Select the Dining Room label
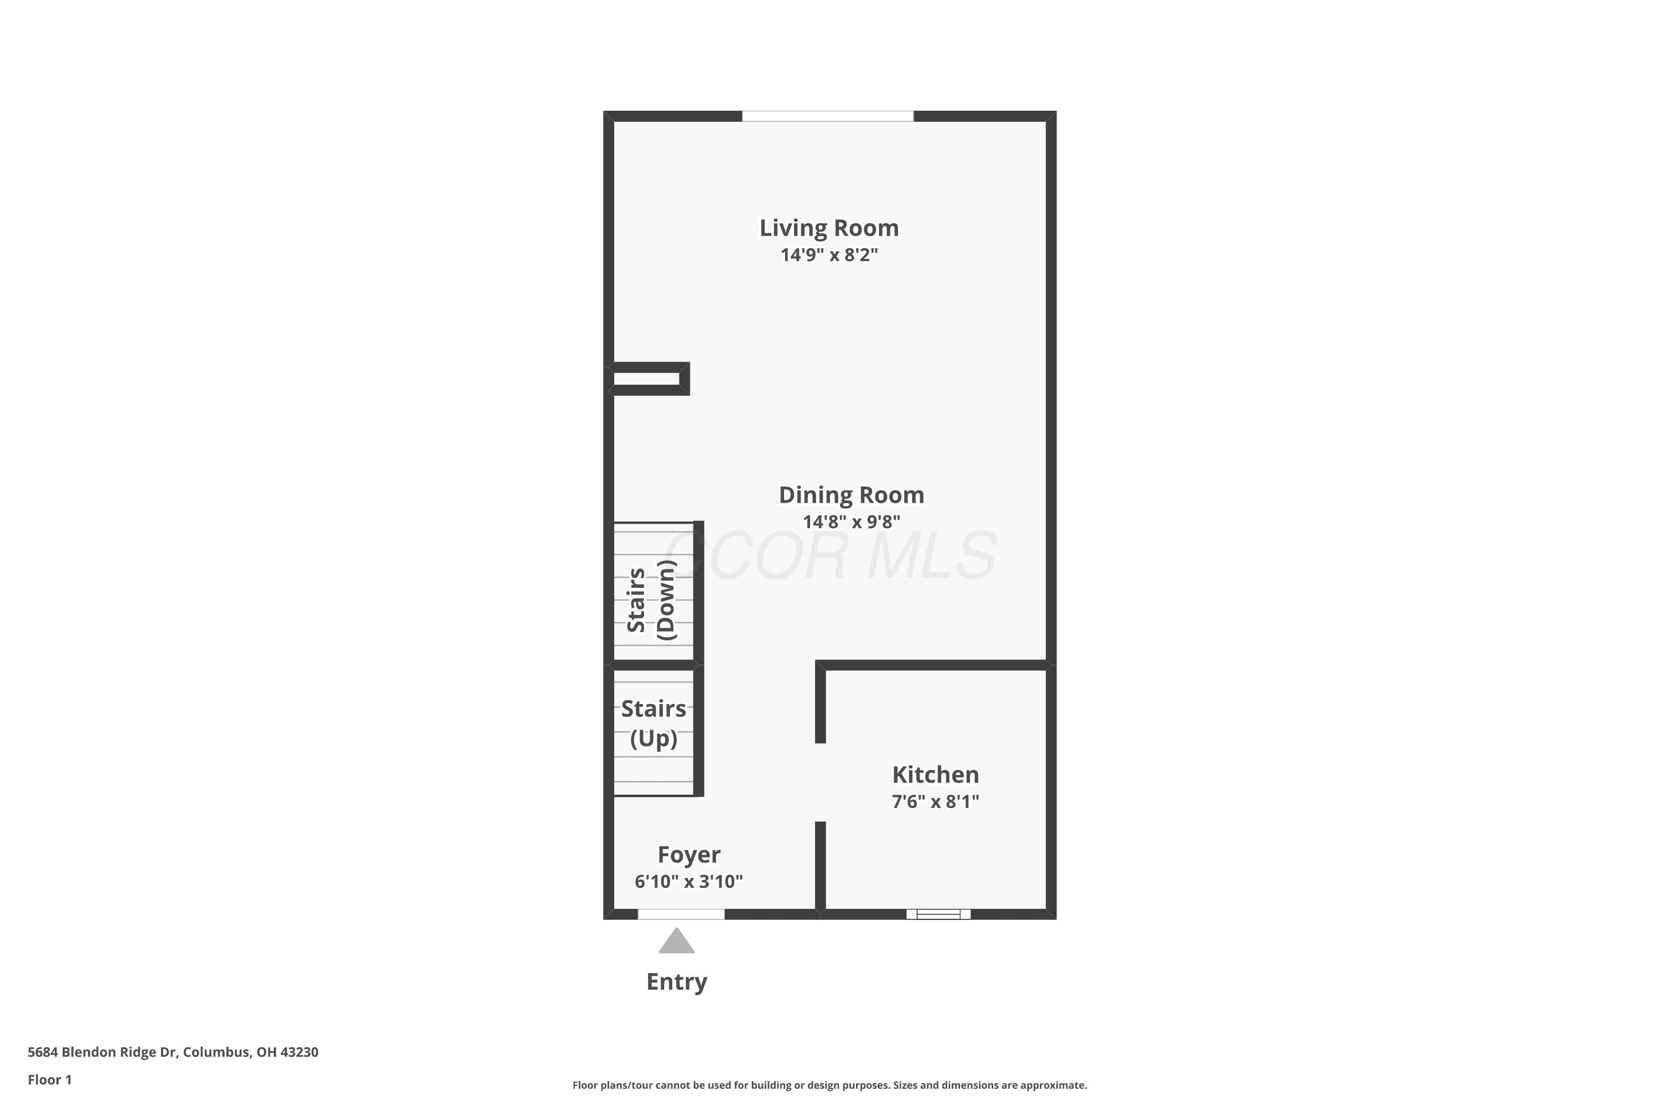pyautogui.click(x=851, y=495)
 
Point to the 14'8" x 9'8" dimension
pyautogui.click(x=851, y=522)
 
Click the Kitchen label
pyautogui.click(x=935, y=774)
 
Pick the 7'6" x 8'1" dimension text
pyautogui.click(x=935, y=801)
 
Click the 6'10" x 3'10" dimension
pyautogui.click(x=689, y=881)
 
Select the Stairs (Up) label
pyautogui.click(x=653, y=723)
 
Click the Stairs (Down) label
pyautogui.click(x=651, y=600)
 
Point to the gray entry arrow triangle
pyautogui.click(x=677, y=941)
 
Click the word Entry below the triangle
pyautogui.click(x=677, y=982)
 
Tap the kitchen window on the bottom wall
pyautogui.click(x=938, y=914)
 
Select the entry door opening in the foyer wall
pyautogui.click(x=681, y=914)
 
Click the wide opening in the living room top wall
pyautogui.click(x=828, y=116)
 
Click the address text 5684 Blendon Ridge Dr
pyautogui.click(x=102, y=1052)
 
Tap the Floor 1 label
pyautogui.click(x=49, y=1079)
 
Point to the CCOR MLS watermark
pyautogui.click(x=830, y=556)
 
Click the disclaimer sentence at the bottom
pyautogui.click(x=829, y=1085)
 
